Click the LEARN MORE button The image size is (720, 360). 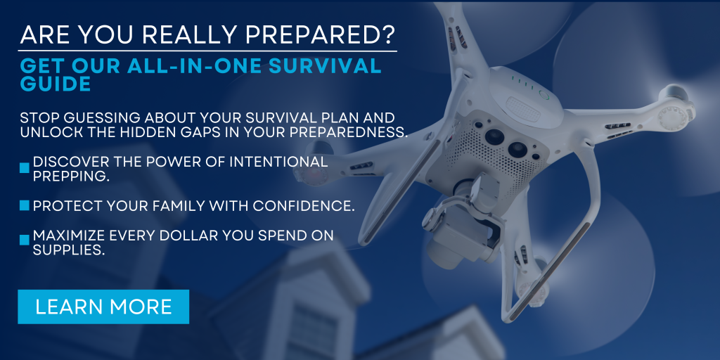[x=103, y=307]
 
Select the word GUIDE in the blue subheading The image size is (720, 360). [x=56, y=84]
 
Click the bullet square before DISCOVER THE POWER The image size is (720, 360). [x=25, y=169]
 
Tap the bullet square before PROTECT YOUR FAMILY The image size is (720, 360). [x=25, y=205]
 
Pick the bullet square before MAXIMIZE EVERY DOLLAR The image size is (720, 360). [x=25, y=240]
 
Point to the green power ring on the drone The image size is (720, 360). [x=544, y=96]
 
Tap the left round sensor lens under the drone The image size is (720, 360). [x=494, y=136]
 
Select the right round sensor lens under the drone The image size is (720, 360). [x=517, y=150]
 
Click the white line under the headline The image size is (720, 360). [x=207, y=51]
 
